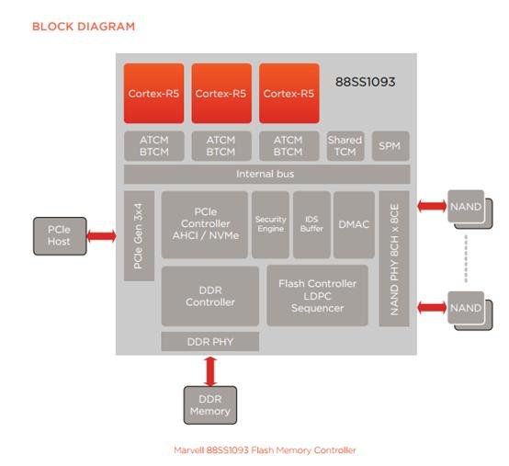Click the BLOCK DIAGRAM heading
84,27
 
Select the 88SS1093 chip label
365,82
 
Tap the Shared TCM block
345,146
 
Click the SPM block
390,146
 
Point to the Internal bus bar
266,175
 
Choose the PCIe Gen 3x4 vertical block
139,236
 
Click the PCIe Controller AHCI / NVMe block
205,224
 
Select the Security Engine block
270,224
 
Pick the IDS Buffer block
311,224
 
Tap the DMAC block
354,224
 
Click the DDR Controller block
210,296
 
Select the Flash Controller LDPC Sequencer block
318,296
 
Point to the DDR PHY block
210,342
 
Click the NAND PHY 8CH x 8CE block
394,259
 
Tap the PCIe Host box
60,236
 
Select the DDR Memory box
210,405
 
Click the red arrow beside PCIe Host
102,236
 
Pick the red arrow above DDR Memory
210,371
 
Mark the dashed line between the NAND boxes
466,259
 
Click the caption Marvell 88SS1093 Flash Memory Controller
265,450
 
